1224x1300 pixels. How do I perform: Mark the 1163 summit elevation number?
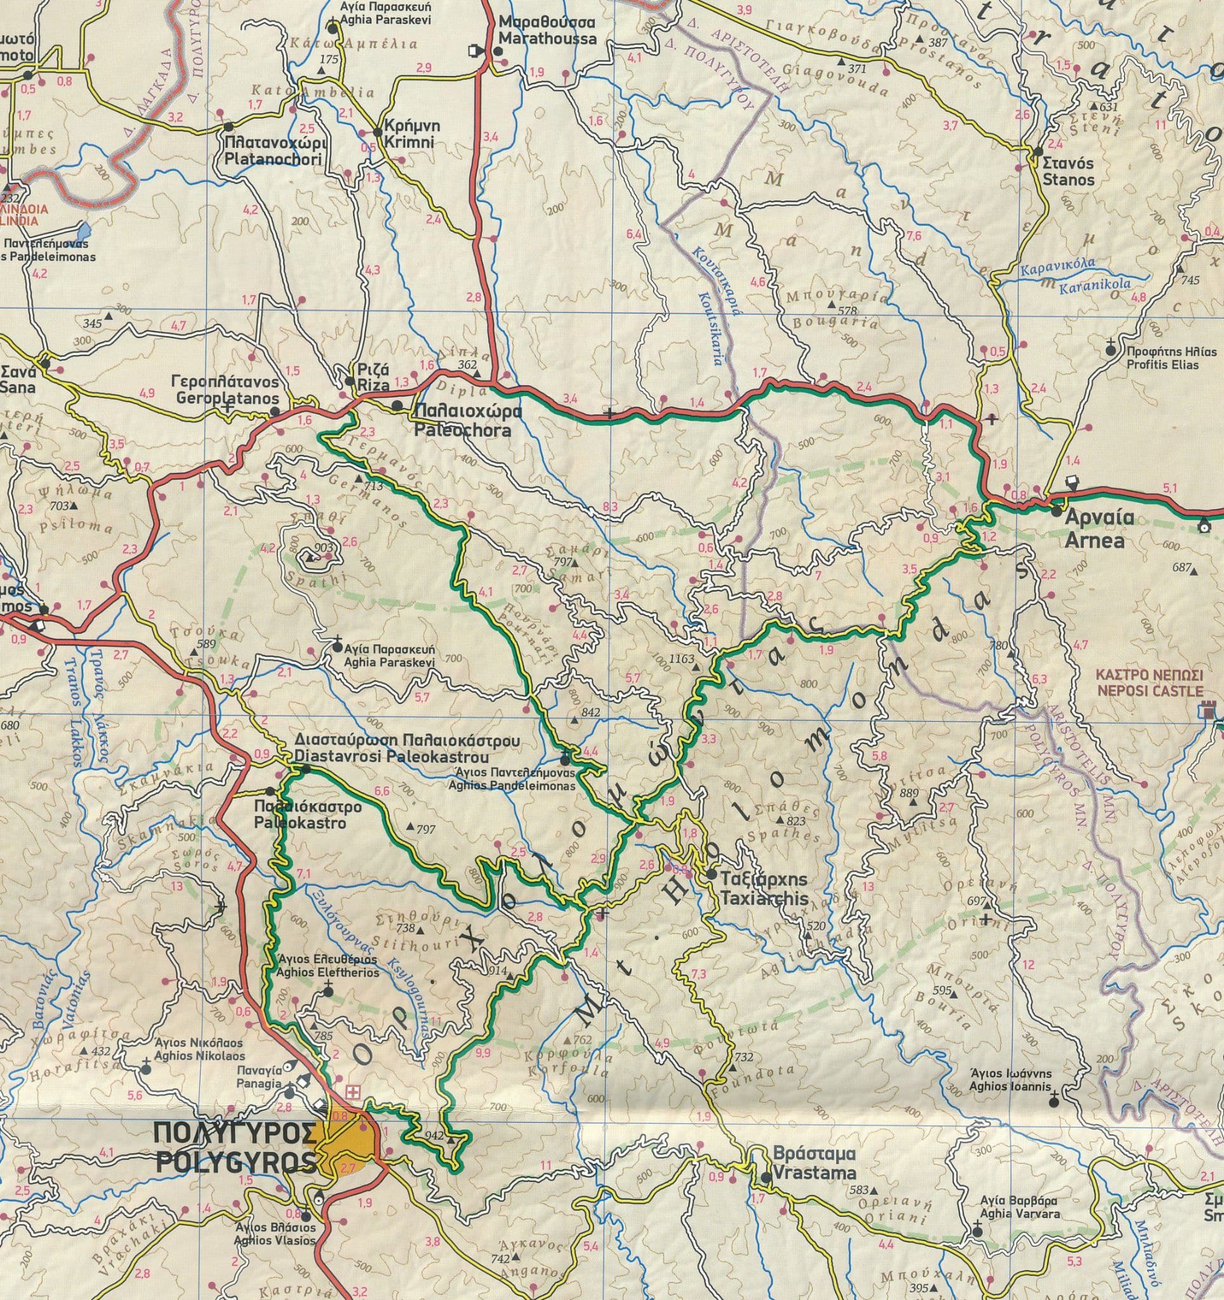[681, 660]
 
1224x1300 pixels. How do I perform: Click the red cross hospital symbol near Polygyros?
[352, 1092]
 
